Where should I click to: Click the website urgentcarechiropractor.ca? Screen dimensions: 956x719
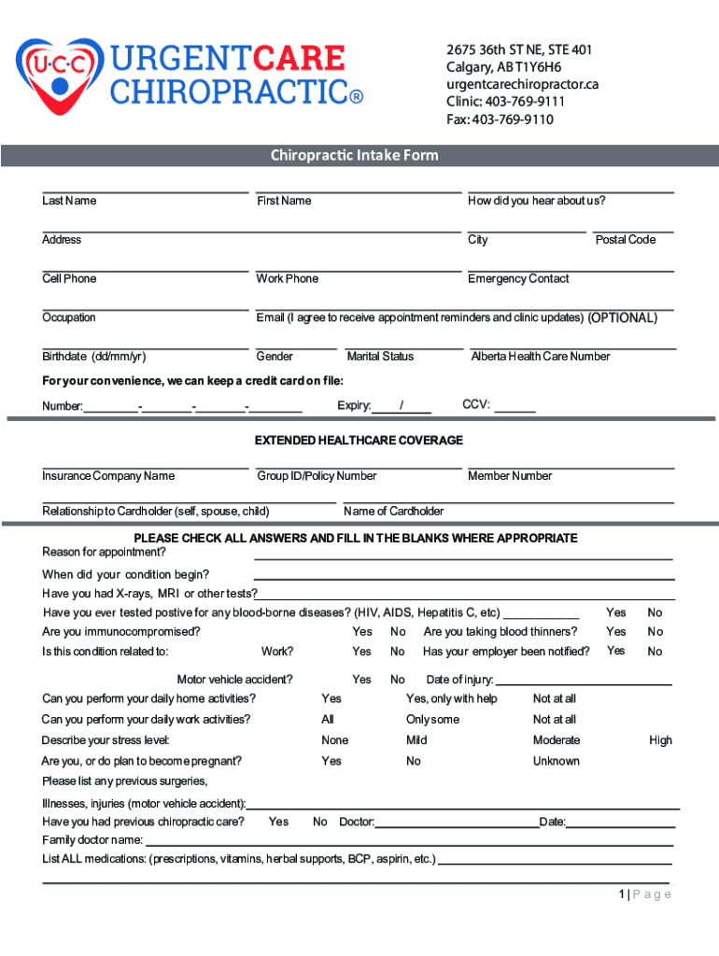click(522, 84)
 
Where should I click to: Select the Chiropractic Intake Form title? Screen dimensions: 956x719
click(354, 155)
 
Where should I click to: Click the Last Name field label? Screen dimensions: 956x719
click(69, 201)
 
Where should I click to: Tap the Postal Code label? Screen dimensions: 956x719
click(626, 240)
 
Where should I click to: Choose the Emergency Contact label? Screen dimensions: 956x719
click(518, 278)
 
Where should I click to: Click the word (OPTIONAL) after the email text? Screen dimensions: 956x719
click(622, 317)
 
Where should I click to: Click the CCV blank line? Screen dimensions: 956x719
click(519, 410)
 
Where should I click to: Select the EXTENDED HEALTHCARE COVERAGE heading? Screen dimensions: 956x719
click(359, 440)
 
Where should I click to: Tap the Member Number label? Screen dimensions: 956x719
click(510, 476)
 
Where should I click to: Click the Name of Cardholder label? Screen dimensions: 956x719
click(393, 511)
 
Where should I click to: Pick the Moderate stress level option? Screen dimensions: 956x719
click(557, 740)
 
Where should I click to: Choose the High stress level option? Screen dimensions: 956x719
click(660, 740)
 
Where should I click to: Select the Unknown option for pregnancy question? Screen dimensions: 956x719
click(557, 761)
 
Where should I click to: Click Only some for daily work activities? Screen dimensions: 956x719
click(432, 720)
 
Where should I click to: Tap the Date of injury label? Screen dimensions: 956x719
click(458, 680)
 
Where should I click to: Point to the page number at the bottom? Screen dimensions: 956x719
click(644, 894)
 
